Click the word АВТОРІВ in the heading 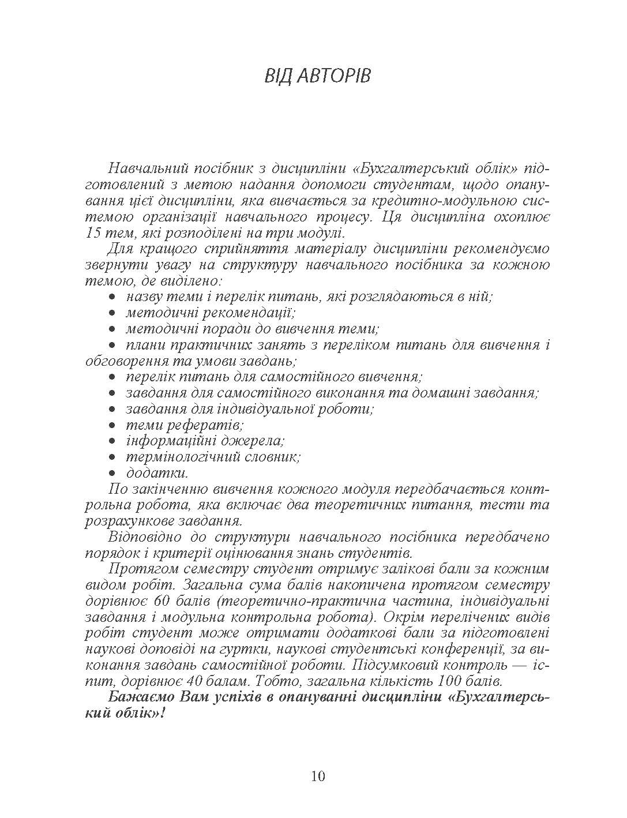(334, 76)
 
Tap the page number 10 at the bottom (318, 776)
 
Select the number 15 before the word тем (93, 234)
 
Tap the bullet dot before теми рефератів (113, 426)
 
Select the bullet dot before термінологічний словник (113, 457)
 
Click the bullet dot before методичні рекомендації (113, 313)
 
